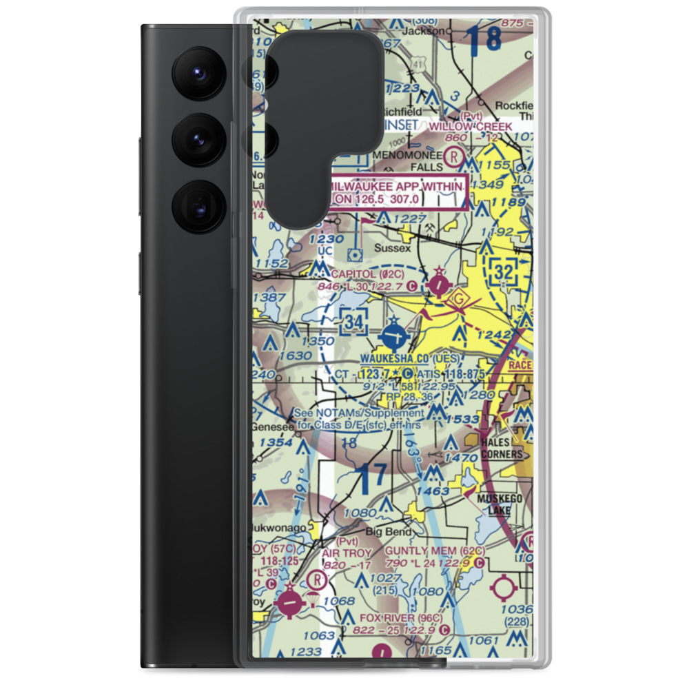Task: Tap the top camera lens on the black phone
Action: point(197,72)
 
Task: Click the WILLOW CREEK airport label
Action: point(471,127)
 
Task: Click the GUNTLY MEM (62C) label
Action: point(435,552)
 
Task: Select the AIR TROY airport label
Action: point(347,553)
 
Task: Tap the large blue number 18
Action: point(485,40)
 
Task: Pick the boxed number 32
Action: point(504,272)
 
